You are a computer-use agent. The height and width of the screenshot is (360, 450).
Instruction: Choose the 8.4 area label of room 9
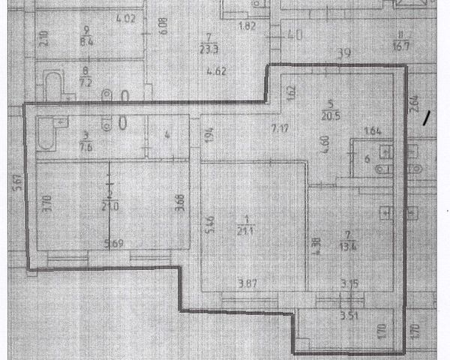tap(87, 41)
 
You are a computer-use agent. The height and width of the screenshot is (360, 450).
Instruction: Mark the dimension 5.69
tap(113, 243)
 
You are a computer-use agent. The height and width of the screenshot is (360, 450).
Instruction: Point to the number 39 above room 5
tap(346, 53)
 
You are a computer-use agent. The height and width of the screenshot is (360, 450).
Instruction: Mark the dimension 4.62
tap(217, 72)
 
